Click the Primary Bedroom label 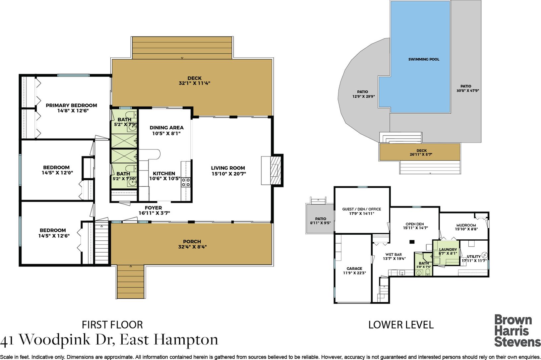[71, 105]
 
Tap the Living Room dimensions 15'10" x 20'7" [228, 174]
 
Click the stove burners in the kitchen [186, 182]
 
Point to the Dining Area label [166, 128]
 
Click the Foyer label [153, 208]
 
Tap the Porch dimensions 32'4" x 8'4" [192, 247]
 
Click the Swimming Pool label [424, 59]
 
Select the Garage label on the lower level [354, 269]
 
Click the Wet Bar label [393, 255]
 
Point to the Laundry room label [448, 250]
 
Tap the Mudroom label [466, 225]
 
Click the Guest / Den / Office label [362, 209]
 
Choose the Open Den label [415, 224]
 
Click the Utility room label [473, 257]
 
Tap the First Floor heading [112, 325]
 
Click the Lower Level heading [401, 325]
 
